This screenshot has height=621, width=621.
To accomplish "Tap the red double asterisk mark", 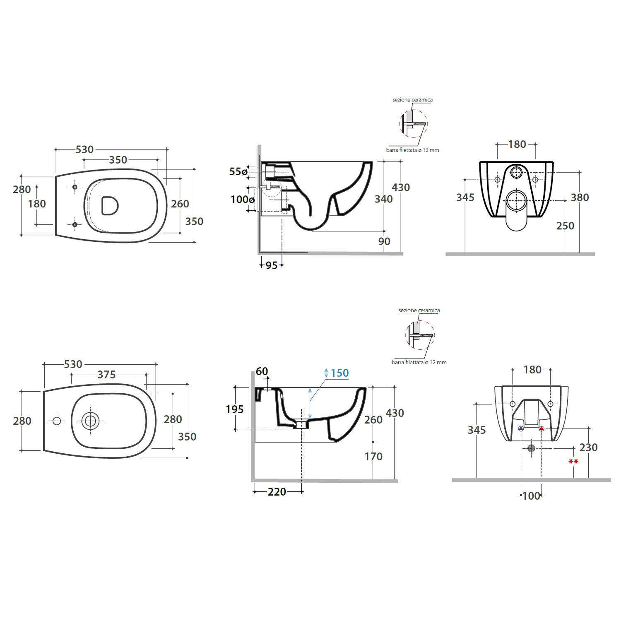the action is pyautogui.click(x=573, y=462).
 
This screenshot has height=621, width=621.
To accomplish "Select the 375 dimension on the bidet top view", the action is pyautogui.click(x=106, y=375).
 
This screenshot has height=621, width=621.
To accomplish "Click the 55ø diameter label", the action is pyautogui.click(x=238, y=171).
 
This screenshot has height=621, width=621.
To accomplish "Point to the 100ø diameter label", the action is pyautogui.click(x=243, y=200).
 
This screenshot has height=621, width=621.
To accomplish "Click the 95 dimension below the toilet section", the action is pyautogui.click(x=272, y=265).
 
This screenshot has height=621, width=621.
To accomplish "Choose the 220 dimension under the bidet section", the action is pyautogui.click(x=277, y=492).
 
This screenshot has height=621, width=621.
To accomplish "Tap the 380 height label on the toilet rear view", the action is pyautogui.click(x=580, y=197).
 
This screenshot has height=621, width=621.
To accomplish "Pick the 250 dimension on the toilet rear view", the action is pyautogui.click(x=565, y=226).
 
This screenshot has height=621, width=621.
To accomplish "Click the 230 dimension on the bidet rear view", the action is pyautogui.click(x=588, y=448).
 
